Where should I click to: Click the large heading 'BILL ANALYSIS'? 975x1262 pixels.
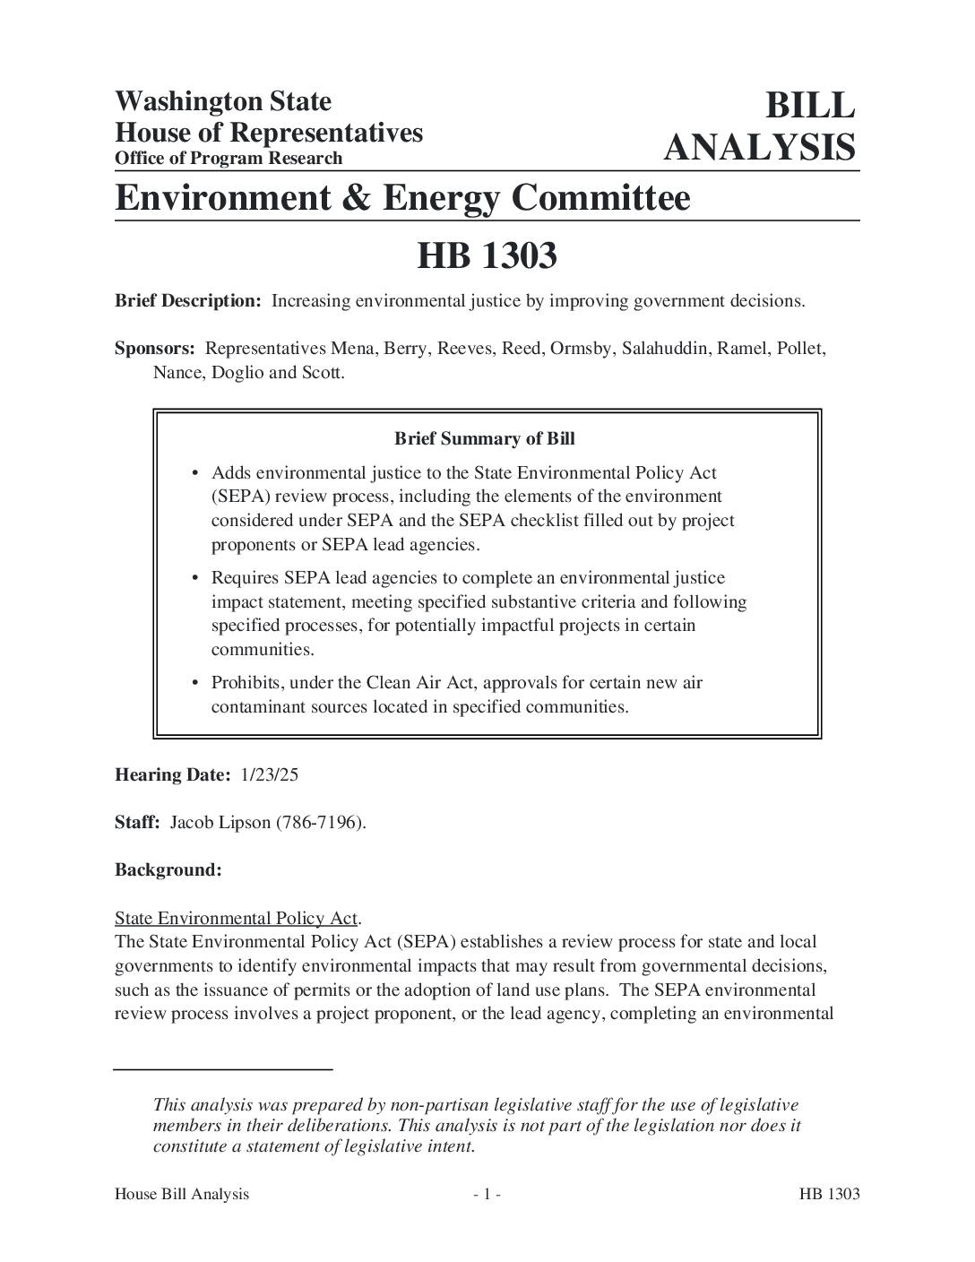click(x=759, y=126)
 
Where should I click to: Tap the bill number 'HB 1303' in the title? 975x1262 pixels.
click(x=487, y=256)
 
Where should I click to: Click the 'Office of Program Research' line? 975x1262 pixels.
click(x=229, y=159)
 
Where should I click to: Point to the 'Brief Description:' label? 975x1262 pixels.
click(x=188, y=301)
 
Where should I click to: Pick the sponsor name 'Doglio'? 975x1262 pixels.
click(x=237, y=373)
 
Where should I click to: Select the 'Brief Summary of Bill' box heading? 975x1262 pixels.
click(x=485, y=439)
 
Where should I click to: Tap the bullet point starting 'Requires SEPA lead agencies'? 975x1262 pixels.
click(x=479, y=613)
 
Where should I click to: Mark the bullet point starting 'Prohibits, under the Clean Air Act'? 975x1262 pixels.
click(x=456, y=695)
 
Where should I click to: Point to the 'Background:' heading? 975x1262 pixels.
click(x=168, y=870)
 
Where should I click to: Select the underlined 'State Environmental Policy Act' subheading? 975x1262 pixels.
click(x=237, y=919)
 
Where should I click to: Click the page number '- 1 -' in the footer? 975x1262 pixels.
click(x=487, y=1194)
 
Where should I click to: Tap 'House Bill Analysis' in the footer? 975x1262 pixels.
click(x=182, y=1194)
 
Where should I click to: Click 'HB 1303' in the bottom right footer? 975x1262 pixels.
click(x=830, y=1194)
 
